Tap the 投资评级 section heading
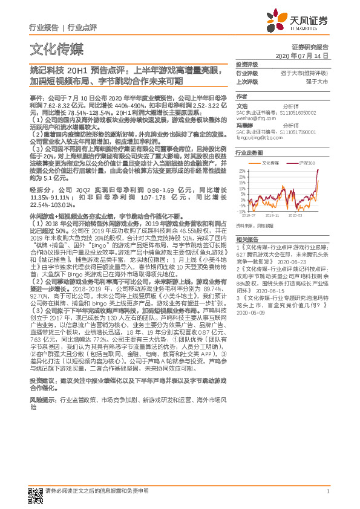point(246,65)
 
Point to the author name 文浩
point(241,105)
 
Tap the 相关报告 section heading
point(246,241)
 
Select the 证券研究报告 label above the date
point(310,47)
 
